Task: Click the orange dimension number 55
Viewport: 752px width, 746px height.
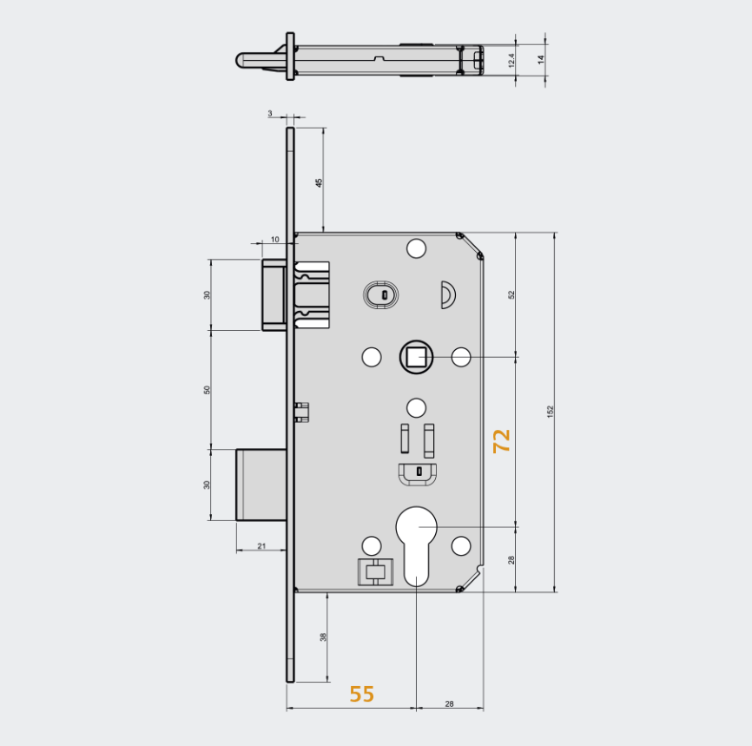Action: pyautogui.click(x=362, y=694)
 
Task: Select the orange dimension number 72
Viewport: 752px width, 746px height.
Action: pyautogui.click(x=501, y=440)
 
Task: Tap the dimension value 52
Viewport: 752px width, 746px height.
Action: pyautogui.click(x=511, y=294)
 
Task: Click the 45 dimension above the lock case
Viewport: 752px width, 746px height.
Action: pyautogui.click(x=319, y=182)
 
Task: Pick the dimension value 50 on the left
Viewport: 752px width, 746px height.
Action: pyautogui.click(x=207, y=389)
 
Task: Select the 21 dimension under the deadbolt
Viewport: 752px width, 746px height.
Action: pyautogui.click(x=261, y=545)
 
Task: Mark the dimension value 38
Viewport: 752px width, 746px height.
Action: pyautogui.click(x=323, y=637)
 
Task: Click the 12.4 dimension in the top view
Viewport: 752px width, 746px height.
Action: pyautogui.click(x=511, y=60)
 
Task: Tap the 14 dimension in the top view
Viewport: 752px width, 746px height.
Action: pyautogui.click(x=540, y=60)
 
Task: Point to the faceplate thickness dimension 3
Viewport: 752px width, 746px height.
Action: pyautogui.click(x=270, y=113)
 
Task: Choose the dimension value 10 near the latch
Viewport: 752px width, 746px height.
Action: pyautogui.click(x=274, y=239)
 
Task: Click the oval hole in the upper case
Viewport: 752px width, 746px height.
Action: pyautogui.click(x=380, y=294)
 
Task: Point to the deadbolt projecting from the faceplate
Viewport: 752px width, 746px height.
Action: pyautogui.click(x=261, y=485)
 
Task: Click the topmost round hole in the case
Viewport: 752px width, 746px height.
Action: pyautogui.click(x=417, y=249)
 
